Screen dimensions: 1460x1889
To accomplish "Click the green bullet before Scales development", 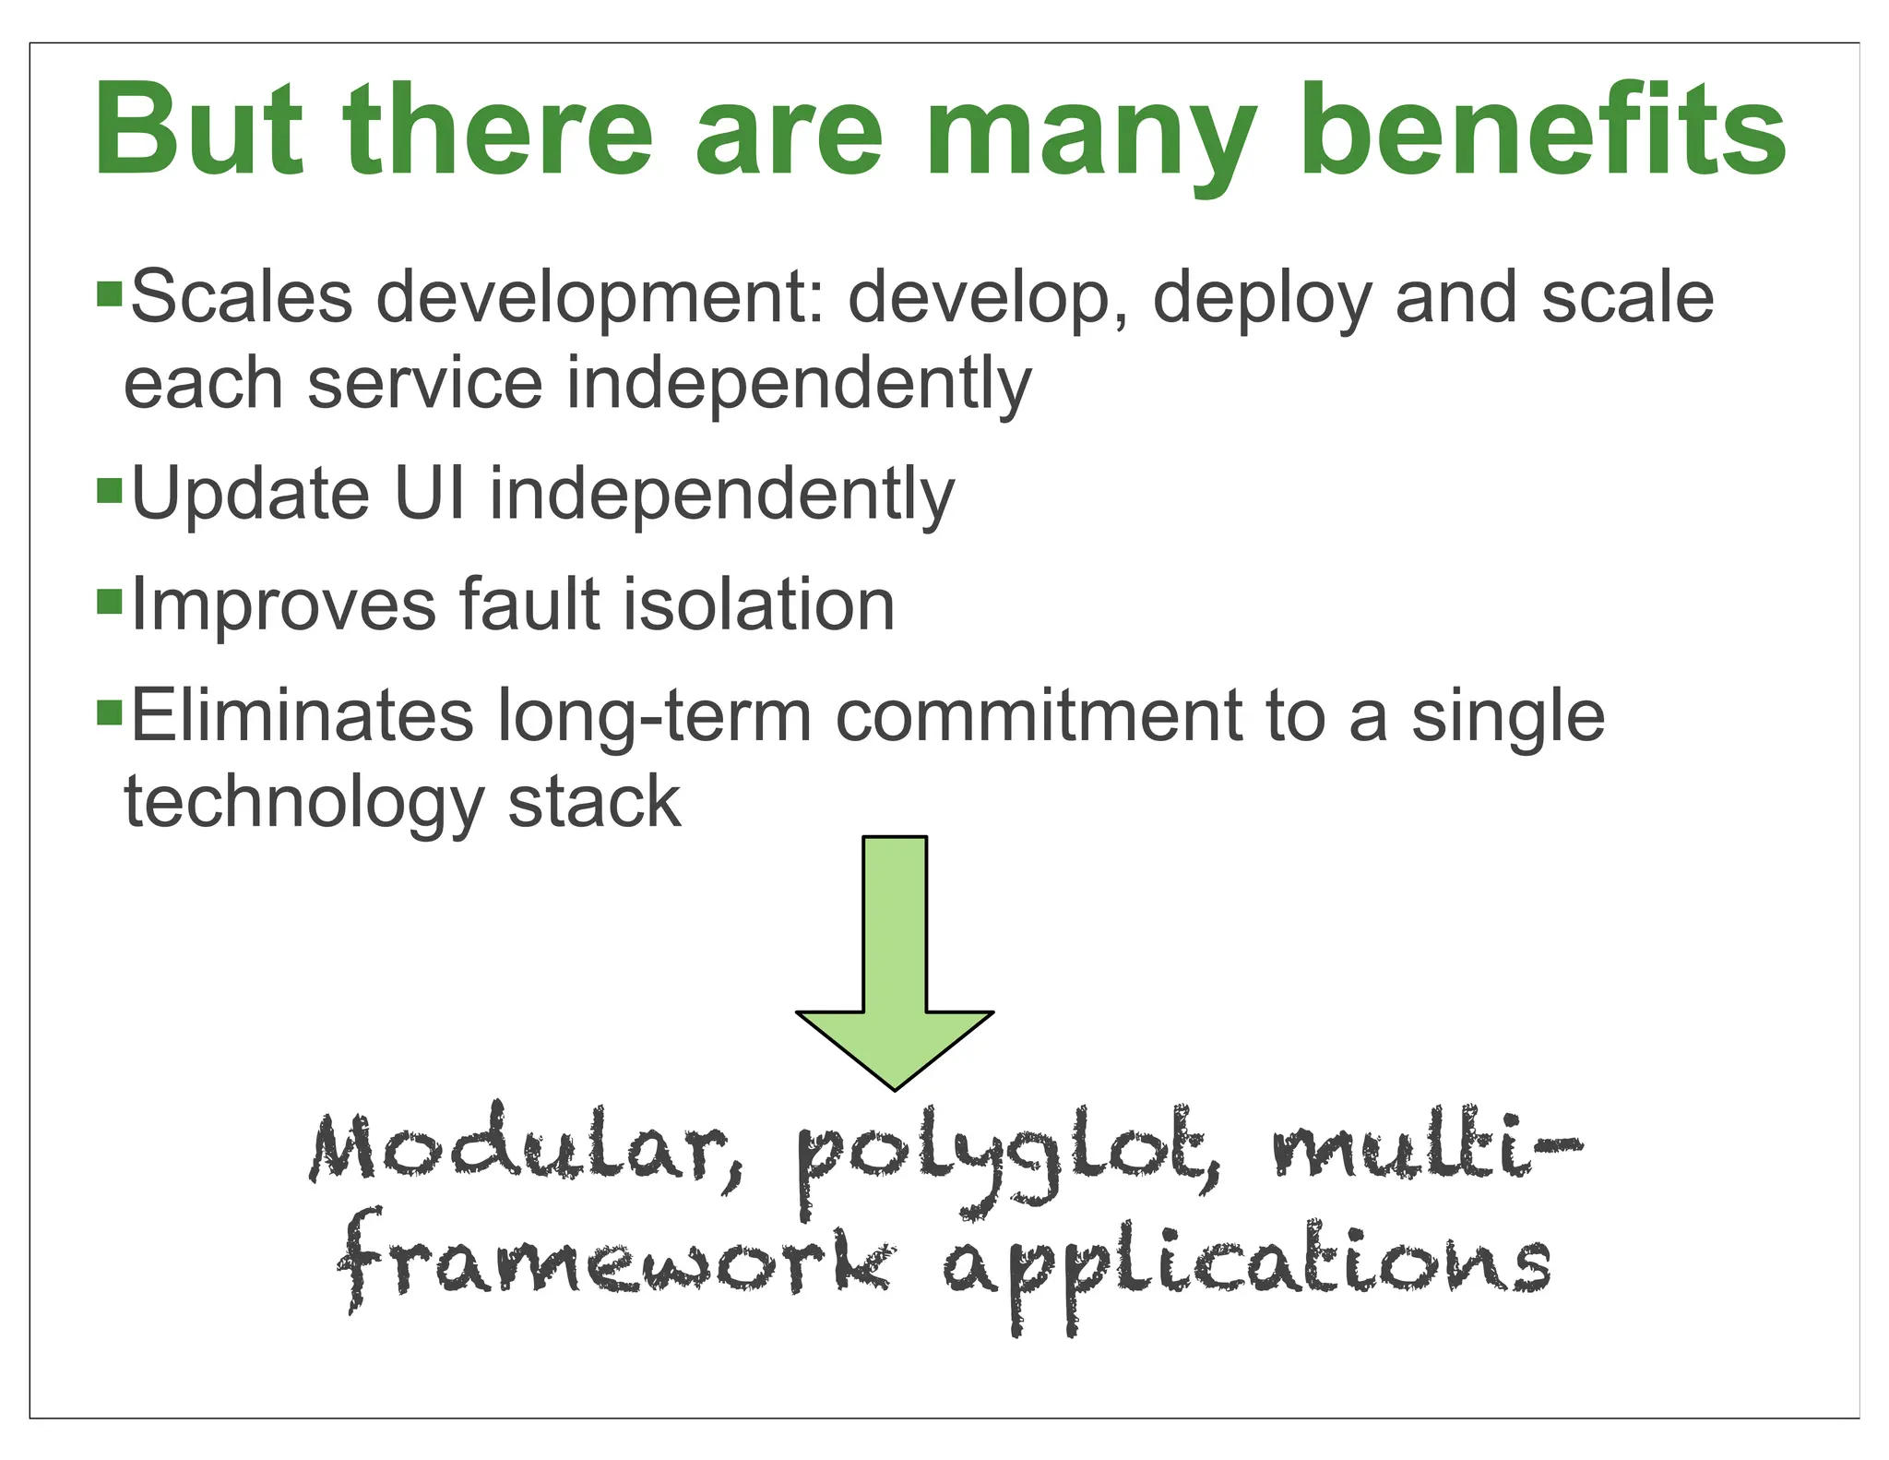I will (109, 295).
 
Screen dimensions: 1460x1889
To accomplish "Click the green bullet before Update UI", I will (109, 491).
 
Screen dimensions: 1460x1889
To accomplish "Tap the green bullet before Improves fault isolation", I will (109, 603).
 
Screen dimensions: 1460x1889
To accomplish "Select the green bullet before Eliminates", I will (109, 713).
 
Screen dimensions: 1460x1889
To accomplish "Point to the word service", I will (425, 383).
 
